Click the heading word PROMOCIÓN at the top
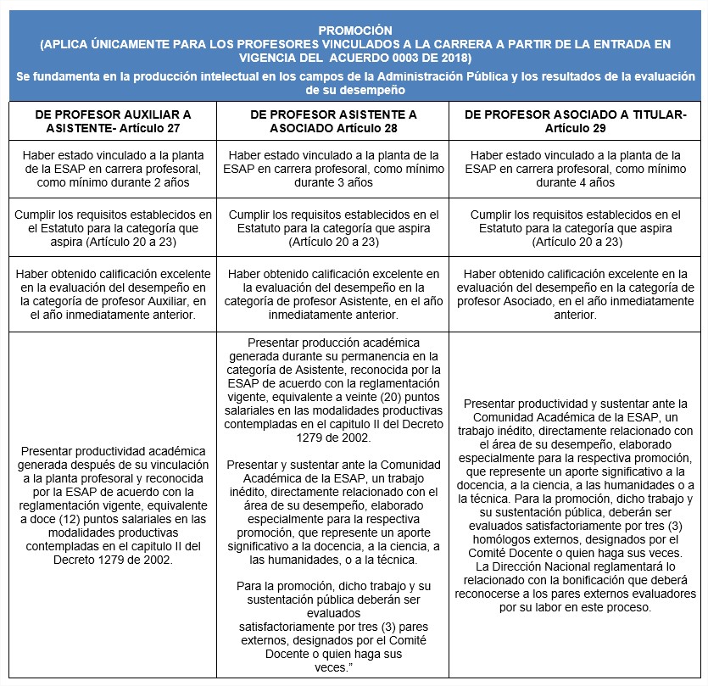coord(354,29)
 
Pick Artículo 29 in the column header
coord(577,127)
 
